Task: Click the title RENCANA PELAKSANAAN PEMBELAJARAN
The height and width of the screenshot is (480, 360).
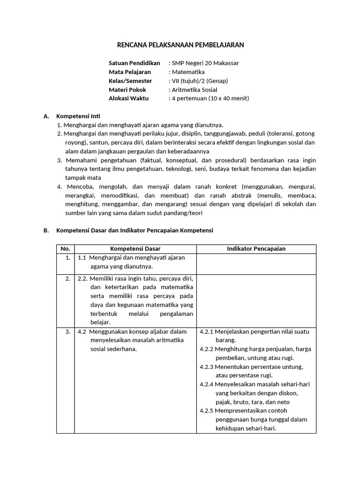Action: [180, 45]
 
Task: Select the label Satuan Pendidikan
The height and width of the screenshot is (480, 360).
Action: [134, 63]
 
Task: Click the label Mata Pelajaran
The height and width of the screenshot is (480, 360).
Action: [130, 72]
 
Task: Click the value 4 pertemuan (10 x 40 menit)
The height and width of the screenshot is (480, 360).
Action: [210, 98]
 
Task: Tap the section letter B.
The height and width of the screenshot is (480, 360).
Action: [46, 231]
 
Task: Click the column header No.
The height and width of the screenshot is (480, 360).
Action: [66, 249]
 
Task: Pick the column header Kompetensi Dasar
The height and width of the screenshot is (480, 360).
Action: [135, 249]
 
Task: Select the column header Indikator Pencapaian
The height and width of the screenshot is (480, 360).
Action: [256, 249]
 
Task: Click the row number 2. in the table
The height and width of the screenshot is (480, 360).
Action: [68, 278]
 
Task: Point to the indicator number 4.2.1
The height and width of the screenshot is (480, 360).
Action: [206, 331]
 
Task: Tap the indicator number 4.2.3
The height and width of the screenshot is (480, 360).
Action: [206, 367]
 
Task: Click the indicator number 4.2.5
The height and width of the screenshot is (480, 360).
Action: [206, 411]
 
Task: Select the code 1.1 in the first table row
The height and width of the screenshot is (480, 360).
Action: [82, 258]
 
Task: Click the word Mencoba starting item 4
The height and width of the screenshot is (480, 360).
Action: [76, 187]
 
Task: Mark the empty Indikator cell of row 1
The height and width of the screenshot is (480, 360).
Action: [256, 263]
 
